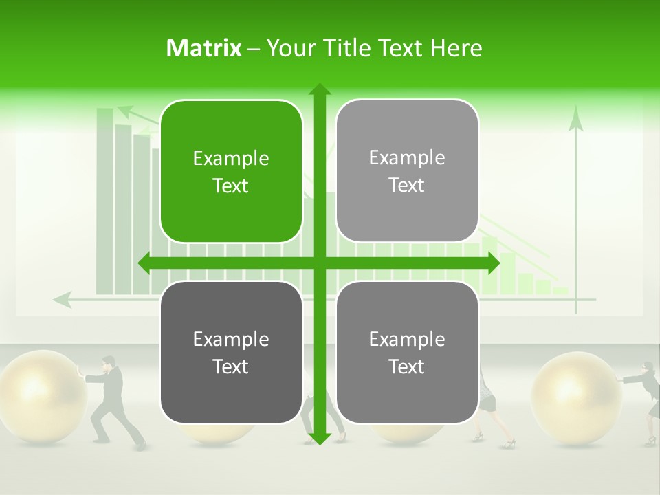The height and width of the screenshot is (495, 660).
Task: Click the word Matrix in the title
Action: pyautogui.click(x=204, y=48)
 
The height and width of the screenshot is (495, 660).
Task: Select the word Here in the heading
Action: pyautogui.click(x=456, y=48)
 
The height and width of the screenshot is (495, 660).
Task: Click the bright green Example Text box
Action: pyautogui.click(x=231, y=172)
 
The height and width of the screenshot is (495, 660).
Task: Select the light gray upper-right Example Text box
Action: pyautogui.click(x=407, y=171)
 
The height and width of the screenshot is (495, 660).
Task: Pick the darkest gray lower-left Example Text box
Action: pyautogui.click(x=231, y=353)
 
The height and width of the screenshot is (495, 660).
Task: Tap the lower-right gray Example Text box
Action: pyautogui.click(x=407, y=352)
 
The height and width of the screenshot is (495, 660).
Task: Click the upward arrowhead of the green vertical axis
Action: pyautogui.click(x=319, y=89)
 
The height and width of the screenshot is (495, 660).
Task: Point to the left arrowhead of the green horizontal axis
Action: pyautogui.click(x=145, y=263)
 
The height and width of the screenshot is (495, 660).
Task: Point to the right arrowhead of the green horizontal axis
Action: pyautogui.click(x=493, y=263)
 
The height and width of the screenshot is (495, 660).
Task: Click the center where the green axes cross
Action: pyautogui.click(x=319, y=263)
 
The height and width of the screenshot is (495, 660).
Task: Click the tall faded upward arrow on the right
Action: pyautogui.click(x=576, y=206)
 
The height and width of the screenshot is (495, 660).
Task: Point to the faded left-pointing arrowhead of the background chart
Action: pyautogui.click(x=62, y=299)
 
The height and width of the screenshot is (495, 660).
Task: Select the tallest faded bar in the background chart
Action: pyautogui.click(x=104, y=199)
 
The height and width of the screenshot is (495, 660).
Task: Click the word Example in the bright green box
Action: pyautogui.click(x=231, y=159)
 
